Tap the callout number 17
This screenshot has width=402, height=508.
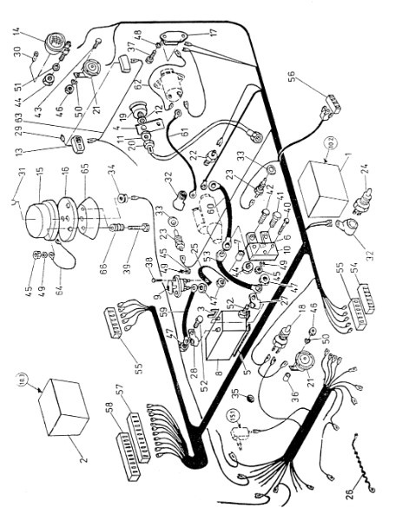[x=213, y=33]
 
